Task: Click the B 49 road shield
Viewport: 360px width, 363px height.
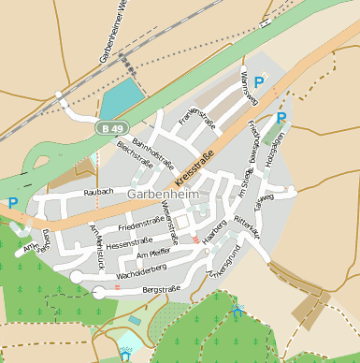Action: [112, 128]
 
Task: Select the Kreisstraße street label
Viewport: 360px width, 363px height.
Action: [194, 164]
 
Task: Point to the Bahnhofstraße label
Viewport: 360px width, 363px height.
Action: [152, 150]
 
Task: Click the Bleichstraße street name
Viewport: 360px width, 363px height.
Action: [135, 155]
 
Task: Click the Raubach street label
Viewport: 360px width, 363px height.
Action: [98, 192]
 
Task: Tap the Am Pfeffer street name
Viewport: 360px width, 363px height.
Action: [153, 254]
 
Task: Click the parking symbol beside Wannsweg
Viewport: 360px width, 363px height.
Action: [258, 82]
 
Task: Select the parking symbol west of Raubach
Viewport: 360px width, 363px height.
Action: [12, 202]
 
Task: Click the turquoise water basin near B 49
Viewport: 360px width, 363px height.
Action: [118, 98]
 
